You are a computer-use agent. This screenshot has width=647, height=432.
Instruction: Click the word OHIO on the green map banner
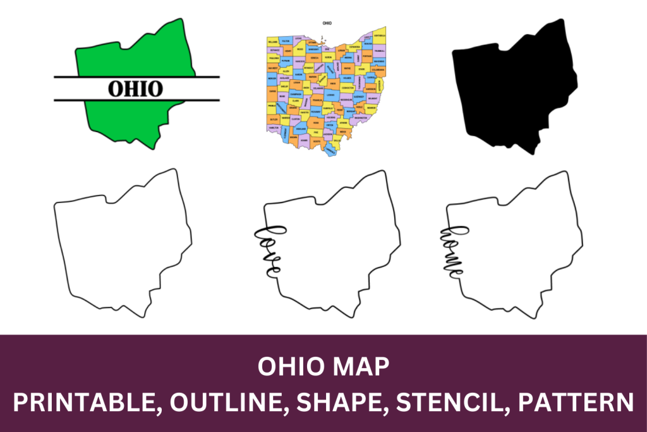(135, 88)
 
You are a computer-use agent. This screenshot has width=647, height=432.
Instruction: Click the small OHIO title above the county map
(327, 23)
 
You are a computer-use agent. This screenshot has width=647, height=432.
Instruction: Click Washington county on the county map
(360, 118)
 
